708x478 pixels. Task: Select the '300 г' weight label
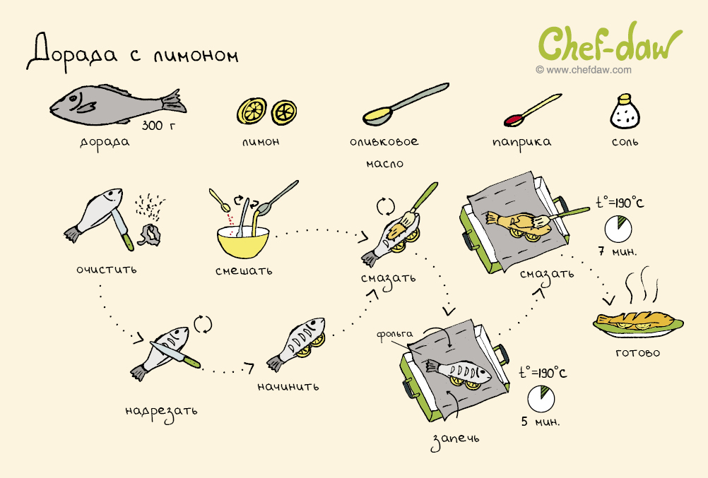pyautogui.click(x=158, y=126)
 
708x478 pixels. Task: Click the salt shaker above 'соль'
pyautogui.click(x=625, y=112)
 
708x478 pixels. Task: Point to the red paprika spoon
pyautogui.click(x=532, y=110)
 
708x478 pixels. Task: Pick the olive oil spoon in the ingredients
pyautogui.click(x=405, y=104)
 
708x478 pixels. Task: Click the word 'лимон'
pyautogui.click(x=261, y=142)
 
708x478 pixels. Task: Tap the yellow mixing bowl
pyautogui.click(x=243, y=242)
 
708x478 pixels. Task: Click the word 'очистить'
pyautogui.click(x=106, y=270)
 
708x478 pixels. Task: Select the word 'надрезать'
pyautogui.click(x=161, y=412)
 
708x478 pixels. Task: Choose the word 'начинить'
pyautogui.click(x=288, y=386)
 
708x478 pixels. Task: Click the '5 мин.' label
pyautogui.click(x=540, y=422)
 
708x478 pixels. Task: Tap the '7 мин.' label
pyautogui.click(x=618, y=251)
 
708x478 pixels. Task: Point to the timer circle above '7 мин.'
pyautogui.click(x=618, y=229)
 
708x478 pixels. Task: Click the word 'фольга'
pyautogui.click(x=394, y=335)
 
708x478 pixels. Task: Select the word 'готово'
pyautogui.click(x=637, y=352)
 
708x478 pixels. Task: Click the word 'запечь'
pyautogui.click(x=454, y=440)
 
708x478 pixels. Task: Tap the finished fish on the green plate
pyautogui.click(x=637, y=321)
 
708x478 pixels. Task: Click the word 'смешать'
pyautogui.click(x=244, y=270)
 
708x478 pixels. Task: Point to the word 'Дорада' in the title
pyautogui.click(x=72, y=52)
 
